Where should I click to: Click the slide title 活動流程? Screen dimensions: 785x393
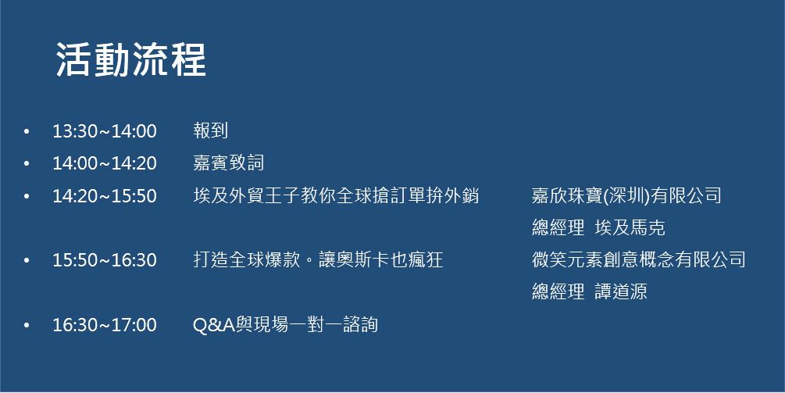[x=130, y=59]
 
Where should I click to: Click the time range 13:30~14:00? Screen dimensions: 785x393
[x=105, y=131]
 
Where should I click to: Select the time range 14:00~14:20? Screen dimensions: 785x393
[x=105, y=163]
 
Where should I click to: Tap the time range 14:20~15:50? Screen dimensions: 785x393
[x=105, y=196]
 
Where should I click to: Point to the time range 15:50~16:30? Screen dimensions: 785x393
[x=105, y=260]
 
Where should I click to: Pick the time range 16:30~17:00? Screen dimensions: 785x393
[x=105, y=324]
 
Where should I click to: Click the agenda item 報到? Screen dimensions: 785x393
[x=211, y=130]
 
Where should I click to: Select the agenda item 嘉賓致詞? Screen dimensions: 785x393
[x=229, y=163]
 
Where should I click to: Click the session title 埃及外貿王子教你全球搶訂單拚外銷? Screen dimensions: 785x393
[x=336, y=195]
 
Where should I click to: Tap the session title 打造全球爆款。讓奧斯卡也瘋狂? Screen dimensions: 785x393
[x=318, y=259]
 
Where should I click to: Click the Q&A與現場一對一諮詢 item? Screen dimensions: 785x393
[x=285, y=324]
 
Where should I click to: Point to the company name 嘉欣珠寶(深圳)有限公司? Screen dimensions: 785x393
[x=626, y=195]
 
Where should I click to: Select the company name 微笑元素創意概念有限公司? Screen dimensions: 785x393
[x=639, y=259]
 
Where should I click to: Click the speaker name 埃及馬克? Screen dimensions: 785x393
[x=630, y=228]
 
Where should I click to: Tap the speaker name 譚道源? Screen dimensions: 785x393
[x=621, y=291]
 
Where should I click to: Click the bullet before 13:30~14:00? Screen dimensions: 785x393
[x=27, y=132]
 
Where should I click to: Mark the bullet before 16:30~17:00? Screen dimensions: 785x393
[x=27, y=325]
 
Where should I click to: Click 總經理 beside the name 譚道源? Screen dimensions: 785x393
[x=558, y=291]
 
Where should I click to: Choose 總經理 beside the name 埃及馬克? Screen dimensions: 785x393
[x=558, y=228]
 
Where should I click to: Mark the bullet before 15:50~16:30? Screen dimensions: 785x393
[x=27, y=260]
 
